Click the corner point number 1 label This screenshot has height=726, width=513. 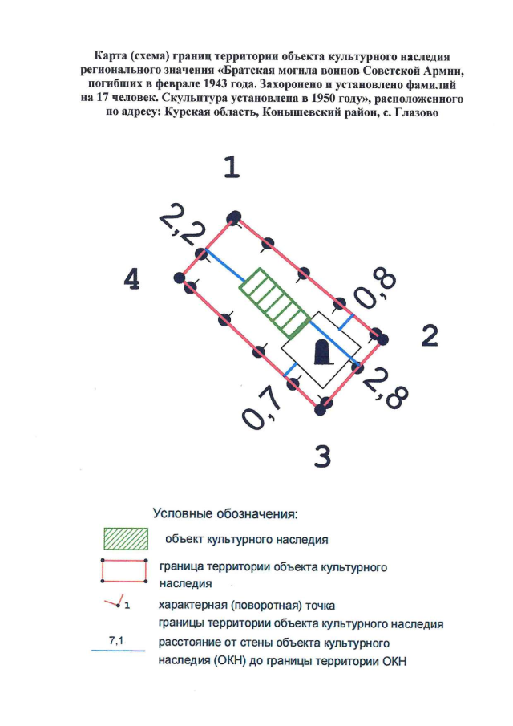click(x=232, y=168)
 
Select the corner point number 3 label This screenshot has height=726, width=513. click(x=322, y=456)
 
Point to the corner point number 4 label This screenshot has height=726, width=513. click(x=133, y=279)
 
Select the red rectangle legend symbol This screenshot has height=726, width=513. click(x=125, y=572)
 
